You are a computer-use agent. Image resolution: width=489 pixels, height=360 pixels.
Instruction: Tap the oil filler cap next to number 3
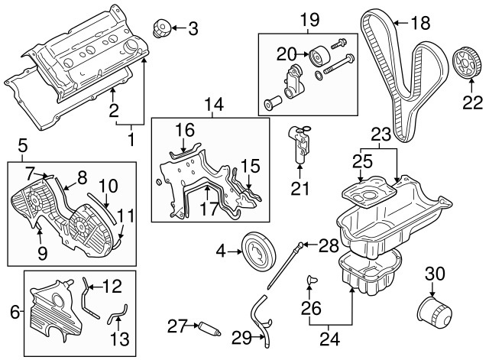coord(161,29)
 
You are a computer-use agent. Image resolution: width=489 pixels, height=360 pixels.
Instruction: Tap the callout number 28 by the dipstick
coord(328,245)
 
